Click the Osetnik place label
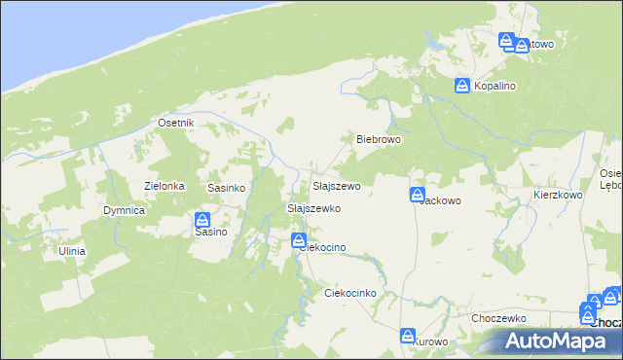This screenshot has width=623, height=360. (177, 124)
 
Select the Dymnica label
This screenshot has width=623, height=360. (125, 210)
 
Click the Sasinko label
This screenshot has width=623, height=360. (225, 186)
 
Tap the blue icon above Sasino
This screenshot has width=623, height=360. (203, 220)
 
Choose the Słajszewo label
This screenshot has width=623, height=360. (336, 186)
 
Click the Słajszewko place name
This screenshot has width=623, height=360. (312, 208)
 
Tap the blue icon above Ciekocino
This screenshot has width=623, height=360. (299, 240)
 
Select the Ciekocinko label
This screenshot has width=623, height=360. (349, 293)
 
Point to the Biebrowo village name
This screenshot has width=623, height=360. (379, 139)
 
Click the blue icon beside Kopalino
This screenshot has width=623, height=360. (462, 86)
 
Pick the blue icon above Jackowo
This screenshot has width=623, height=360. (418, 194)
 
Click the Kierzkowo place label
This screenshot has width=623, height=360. (557, 195)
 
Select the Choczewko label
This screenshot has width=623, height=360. (498, 318)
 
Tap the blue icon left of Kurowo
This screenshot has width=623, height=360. (408, 336)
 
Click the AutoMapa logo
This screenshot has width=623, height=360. (559, 341)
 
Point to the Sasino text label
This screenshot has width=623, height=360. (210, 233)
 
